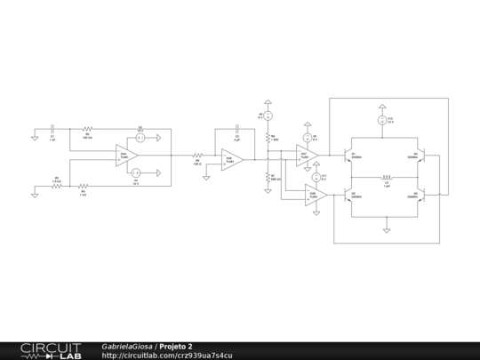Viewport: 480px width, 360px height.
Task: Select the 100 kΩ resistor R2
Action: (x=87, y=130)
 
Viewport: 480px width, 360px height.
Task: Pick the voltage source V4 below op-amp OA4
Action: (x=136, y=172)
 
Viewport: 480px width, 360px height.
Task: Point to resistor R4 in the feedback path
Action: (x=84, y=186)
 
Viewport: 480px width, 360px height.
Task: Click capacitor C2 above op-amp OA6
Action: (x=237, y=131)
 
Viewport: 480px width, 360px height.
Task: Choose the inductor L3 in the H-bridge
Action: (x=387, y=176)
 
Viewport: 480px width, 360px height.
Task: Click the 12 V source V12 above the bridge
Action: (x=380, y=119)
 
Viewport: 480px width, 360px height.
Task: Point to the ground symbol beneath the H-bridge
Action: (x=387, y=229)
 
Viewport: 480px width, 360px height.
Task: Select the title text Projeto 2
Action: (x=176, y=346)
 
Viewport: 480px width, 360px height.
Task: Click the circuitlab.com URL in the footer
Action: (x=167, y=356)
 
